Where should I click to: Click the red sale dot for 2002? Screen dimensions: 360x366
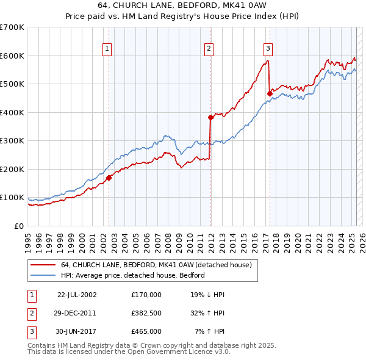pyautogui.click(x=109, y=178)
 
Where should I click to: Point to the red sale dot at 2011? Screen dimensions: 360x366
pyautogui.click(x=210, y=117)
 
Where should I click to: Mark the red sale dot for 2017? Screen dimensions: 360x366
pyautogui.click(x=270, y=93)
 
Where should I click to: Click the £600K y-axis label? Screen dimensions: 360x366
pyautogui.click(x=12, y=56)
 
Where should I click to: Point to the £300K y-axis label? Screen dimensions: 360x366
pyautogui.click(x=12, y=141)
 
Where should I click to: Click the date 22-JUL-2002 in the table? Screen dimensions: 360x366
pyautogui.click(x=77, y=295)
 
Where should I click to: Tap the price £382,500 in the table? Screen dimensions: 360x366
pyautogui.click(x=146, y=313)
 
